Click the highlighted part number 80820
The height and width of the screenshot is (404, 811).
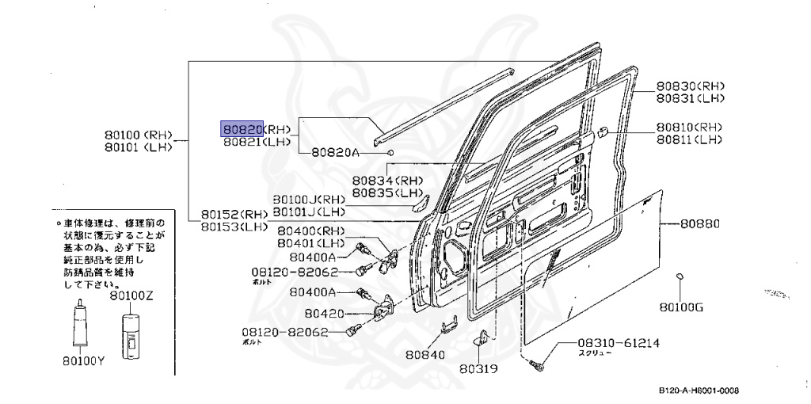(242, 129)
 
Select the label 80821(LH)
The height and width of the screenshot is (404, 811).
(256, 143)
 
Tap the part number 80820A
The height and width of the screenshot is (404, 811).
(334, 152)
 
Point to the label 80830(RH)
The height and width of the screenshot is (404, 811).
(690, 86)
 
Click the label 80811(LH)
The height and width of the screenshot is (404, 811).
(688, 139)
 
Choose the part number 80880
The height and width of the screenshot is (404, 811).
(700, 224)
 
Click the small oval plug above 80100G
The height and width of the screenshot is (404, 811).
(680, 276)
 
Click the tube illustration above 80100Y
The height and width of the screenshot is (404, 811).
(81, 325)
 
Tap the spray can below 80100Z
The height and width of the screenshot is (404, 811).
(129, 333)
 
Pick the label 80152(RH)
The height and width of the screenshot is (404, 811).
(234, 214)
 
